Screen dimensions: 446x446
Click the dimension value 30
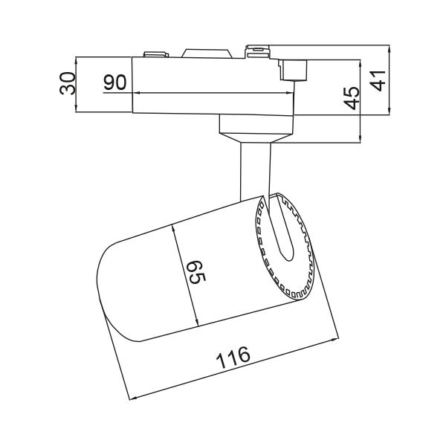pos(68,83)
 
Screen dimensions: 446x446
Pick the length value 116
pos(233,359)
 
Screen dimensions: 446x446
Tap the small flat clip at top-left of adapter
pos(154,53)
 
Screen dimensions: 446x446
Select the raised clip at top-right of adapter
pos(258,51)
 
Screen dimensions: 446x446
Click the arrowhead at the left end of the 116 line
pos(132,398)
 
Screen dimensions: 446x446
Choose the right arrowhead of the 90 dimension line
pos(292,93)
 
